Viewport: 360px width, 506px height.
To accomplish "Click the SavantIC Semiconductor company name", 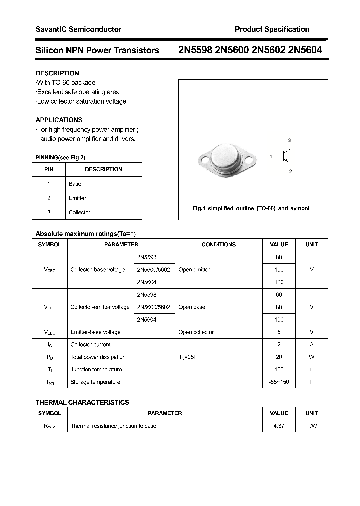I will click(x=78, y=29).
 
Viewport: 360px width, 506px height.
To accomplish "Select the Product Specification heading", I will click(x=272, y=29).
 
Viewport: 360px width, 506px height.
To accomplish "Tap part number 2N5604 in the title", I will click(x=305, y=50).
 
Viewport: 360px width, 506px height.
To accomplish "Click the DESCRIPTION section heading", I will click(x=57, y=73).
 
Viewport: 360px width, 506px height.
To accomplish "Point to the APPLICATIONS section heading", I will click(x=59, y=120).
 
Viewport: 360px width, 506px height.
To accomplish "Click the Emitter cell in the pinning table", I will click(x=77, y=198).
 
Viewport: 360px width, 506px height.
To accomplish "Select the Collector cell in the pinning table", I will click(x=79, y=212).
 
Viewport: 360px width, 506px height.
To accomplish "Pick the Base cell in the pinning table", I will click(x=75, y=184).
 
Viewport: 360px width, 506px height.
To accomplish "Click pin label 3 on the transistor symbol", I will click(x=289, y=140).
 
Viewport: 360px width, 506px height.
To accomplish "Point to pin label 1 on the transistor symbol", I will click(x=271, y=157).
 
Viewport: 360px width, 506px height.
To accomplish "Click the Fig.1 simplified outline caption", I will click(x=251, y=208).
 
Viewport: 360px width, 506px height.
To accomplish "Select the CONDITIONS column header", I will click(x=218, y=244).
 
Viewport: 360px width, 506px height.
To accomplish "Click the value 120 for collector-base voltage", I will click(x=279, y=282).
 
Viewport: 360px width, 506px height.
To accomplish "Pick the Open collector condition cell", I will click(x=196, y=332).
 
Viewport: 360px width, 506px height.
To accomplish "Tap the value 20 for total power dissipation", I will click(x=279, y=357).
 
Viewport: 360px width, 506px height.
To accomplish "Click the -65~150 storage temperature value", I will click(x=279, y=382).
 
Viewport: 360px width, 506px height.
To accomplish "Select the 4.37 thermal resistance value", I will click(x=279, y=426).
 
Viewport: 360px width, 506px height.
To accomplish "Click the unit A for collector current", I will click(x=311, y=344).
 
